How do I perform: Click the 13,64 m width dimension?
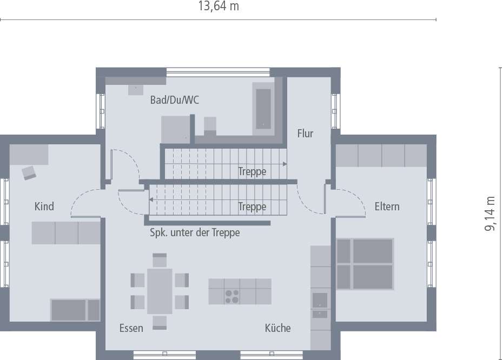tap(219, 6)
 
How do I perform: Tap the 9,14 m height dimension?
tap(490, 214)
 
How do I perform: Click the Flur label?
tap(305, 133)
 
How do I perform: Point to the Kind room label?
tap(44, 206)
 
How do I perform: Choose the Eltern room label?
tap(387, 206)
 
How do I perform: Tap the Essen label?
tap(131, 328)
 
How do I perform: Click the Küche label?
tap(277, 328)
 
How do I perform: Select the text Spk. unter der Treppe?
tap(194, 233)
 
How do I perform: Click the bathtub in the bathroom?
tap(263, 108)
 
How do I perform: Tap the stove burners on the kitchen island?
tap(232, 297)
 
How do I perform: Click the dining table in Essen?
tap(160, 291)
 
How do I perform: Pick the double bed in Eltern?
tap(365, 264)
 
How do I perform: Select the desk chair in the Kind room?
tap(29, 172)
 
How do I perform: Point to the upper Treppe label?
tap(252, 172)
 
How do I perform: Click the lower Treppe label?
tap(252, 206)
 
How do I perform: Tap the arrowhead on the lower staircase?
tap(152, 199)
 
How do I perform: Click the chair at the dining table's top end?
tap(160, 261)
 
